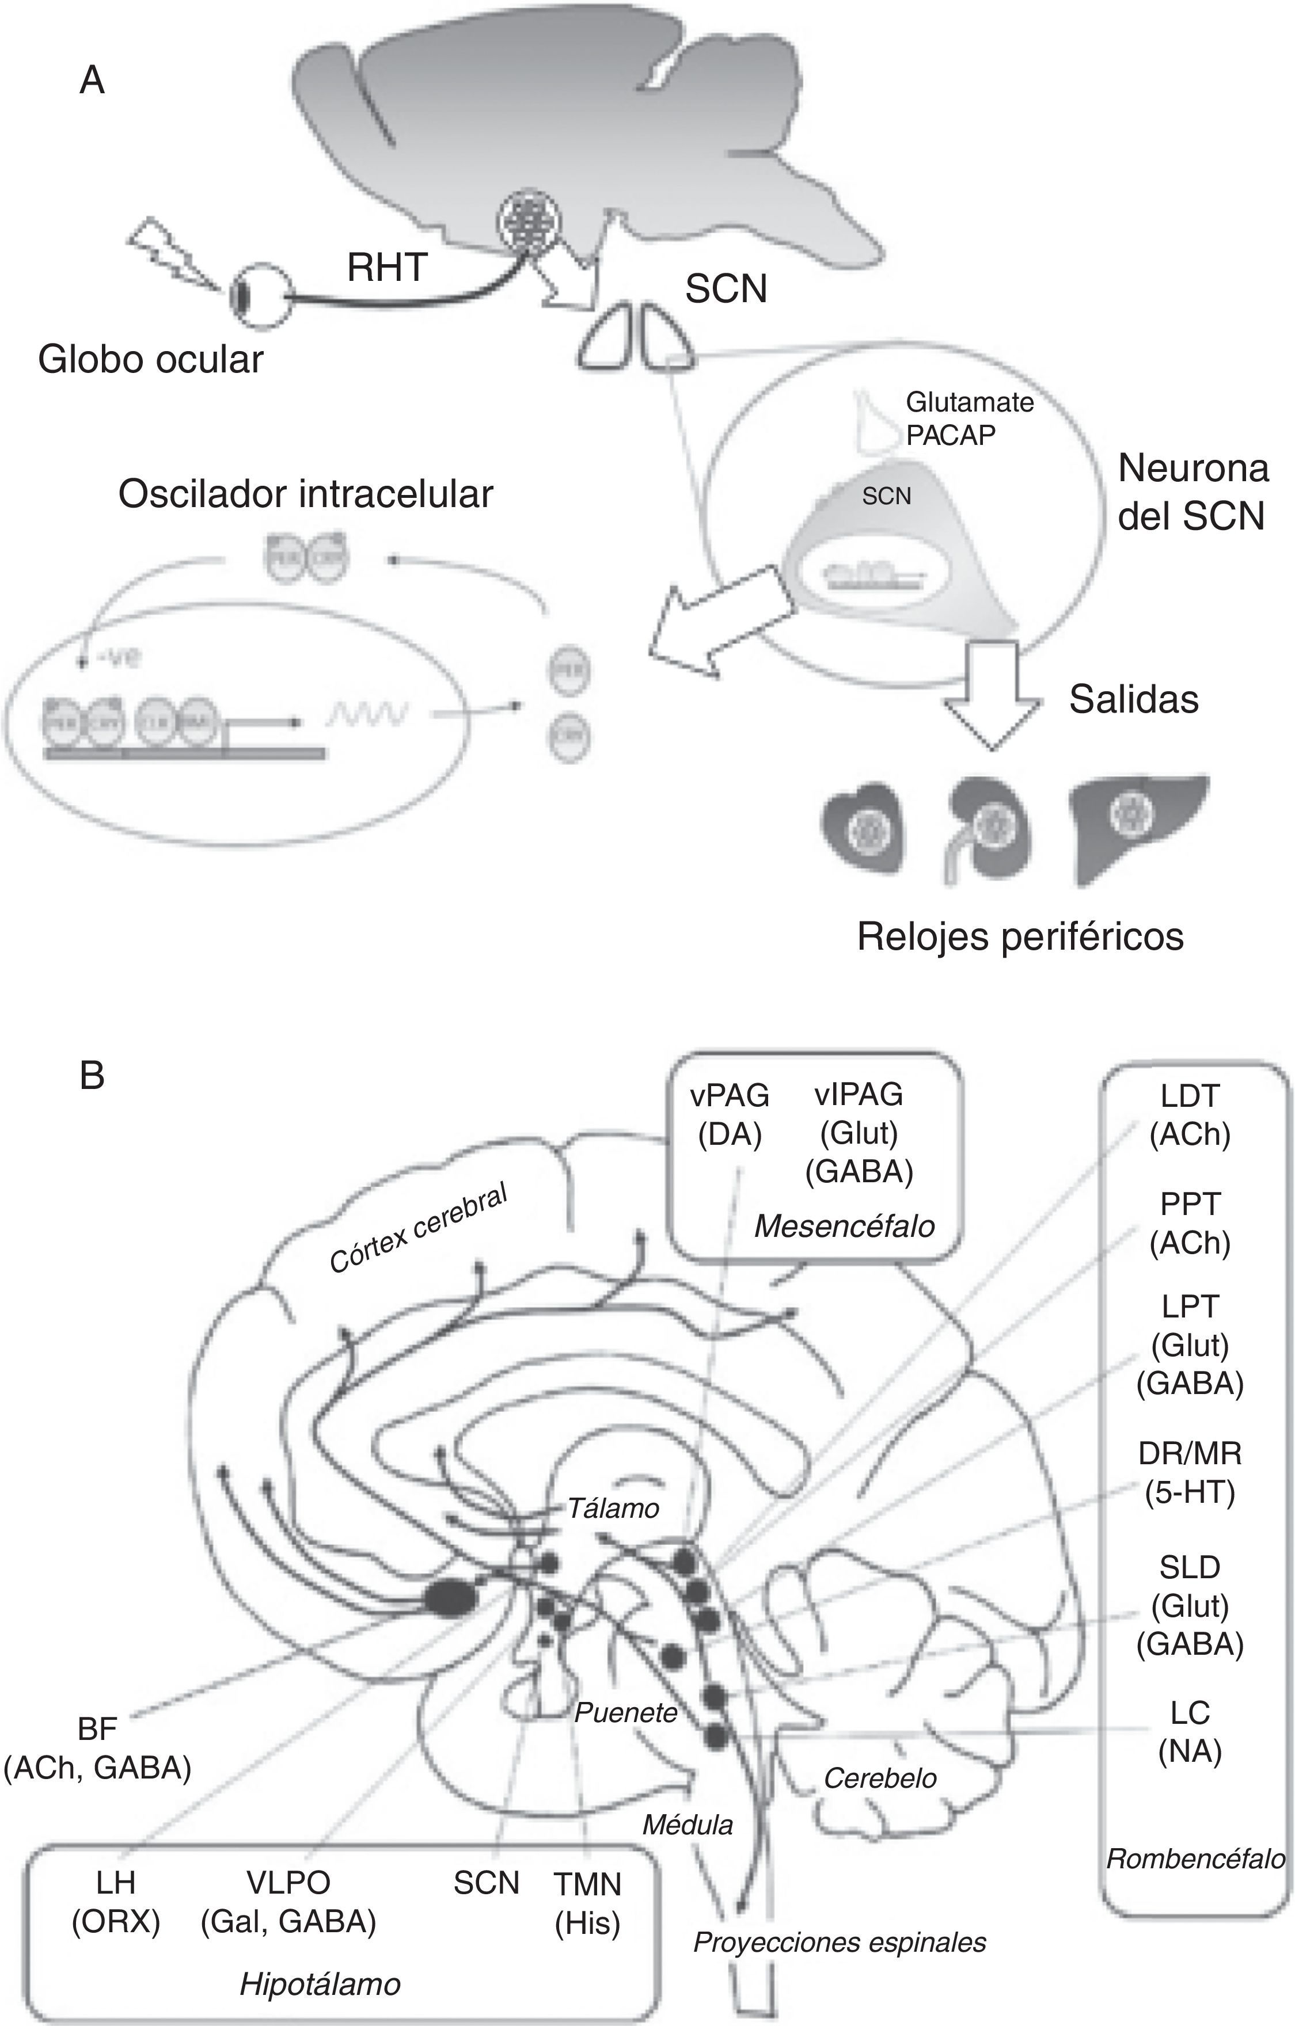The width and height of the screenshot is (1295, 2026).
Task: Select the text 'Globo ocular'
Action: pos(151,360)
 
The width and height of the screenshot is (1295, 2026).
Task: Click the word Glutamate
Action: pos(969,402)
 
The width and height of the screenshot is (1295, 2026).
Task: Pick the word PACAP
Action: pos(951,435)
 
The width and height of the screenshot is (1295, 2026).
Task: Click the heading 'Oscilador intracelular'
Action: pos(305,494)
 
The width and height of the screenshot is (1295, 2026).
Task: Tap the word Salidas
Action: pos(1133,699)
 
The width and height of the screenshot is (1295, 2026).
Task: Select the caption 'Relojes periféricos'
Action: pos(1020,936)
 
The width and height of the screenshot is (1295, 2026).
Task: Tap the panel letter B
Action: pos(92,1075)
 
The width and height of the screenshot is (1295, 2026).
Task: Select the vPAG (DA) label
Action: pos(730,1115)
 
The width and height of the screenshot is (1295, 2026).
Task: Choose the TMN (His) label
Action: pos(587,1903)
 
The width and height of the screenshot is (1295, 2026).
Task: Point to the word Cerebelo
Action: pos(880,1778)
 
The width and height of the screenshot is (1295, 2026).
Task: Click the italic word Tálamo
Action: pos(613,1508)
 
